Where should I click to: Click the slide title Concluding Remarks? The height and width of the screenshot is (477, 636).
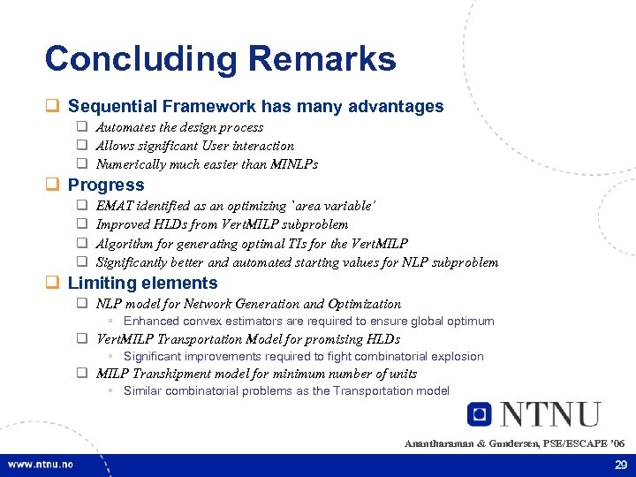tap(220, 59)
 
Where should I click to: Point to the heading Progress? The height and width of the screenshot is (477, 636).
tap(105, 185)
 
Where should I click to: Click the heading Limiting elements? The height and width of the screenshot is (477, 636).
tap(142, 283)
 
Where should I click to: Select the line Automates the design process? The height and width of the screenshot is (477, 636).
tap(179, 127)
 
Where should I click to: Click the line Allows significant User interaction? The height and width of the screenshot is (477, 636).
tap(194, 146)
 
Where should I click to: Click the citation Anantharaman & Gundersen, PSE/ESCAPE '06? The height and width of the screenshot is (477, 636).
tap(514, 443)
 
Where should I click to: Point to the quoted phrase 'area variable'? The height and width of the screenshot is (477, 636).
tap(336, 205)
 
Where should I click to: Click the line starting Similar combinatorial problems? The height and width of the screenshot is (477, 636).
tap(286, 390)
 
